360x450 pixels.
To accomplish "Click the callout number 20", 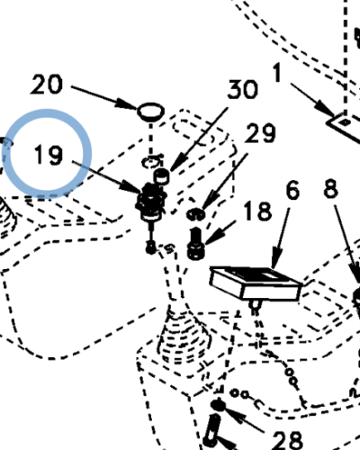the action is (47, 85).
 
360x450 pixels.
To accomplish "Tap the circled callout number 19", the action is (49, 155).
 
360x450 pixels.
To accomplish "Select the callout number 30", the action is (242, 89).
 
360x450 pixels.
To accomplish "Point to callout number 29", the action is (260, 133).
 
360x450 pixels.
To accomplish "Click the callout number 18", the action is (257, 211).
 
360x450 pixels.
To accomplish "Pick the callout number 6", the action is (292, 190).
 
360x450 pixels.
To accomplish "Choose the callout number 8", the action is (331, 188).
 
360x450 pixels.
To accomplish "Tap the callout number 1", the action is (277, 72).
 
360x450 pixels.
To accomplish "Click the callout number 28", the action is (288, 440).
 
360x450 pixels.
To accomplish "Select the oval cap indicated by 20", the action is (151, 112).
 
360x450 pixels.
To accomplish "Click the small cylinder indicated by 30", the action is (161, 176).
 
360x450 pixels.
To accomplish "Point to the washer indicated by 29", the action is (196, 214).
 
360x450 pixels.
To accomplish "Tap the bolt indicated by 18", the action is (195, 243).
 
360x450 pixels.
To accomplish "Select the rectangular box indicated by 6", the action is (256, 283).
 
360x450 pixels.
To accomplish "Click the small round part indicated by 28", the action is (219, 405).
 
